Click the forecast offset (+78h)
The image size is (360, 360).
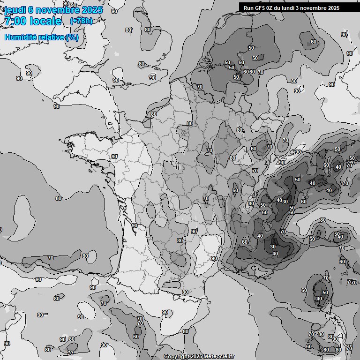click(x=81, y=21)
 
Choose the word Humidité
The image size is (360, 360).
click(x=19, y=37)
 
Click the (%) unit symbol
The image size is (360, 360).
click(x=72, y=37)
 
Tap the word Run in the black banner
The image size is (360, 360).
click(x=248, y=8)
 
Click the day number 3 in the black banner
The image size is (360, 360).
click(x=304, y=8)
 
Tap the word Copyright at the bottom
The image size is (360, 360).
click(x=176, y=357)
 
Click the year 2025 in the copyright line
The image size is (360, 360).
click(x=196, y=357)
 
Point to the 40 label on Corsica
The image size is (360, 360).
click(x=319, y=299)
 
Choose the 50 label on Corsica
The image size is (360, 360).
click(x=325, y=292)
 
